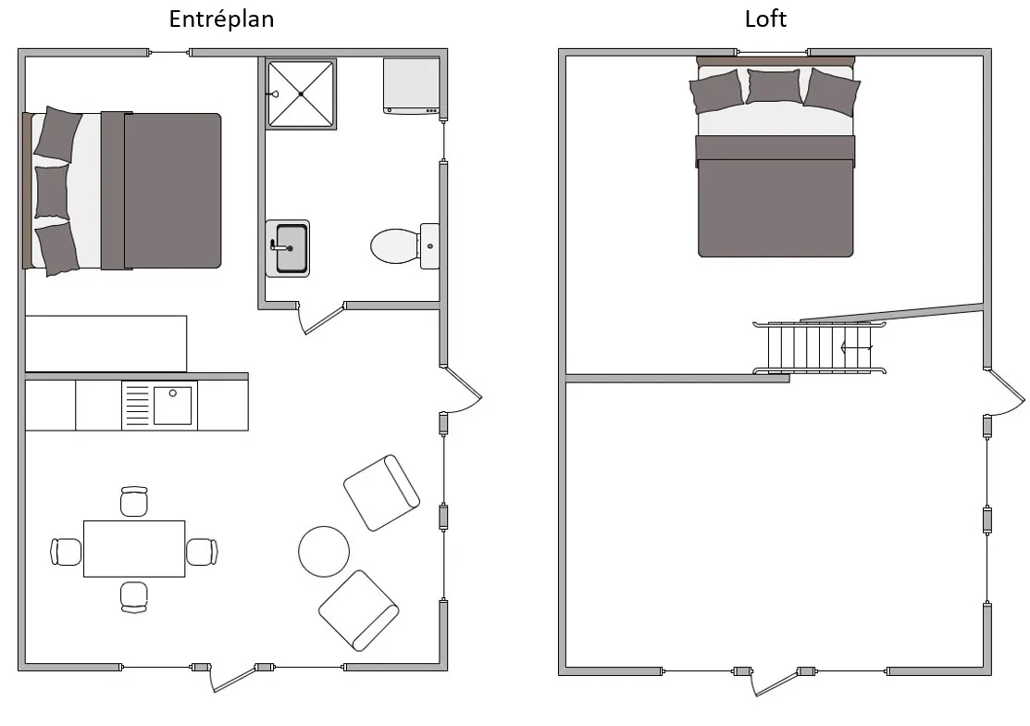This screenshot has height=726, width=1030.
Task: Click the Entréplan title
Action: point(221,19)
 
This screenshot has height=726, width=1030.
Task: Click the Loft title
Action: point(765,19)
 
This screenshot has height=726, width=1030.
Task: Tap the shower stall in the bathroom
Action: point(301,94)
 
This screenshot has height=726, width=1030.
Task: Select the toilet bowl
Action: point(395,246)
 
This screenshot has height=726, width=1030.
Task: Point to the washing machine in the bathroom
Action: point(411,86)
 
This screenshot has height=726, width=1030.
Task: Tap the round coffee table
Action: point(324,551)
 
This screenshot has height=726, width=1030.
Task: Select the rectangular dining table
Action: point(134,548)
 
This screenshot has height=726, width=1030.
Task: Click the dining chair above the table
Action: point(134,501)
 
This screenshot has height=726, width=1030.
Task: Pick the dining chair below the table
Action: point(134,597)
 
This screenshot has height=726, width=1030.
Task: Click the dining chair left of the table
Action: point(67,551)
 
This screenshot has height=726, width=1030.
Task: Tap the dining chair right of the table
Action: point(202,551)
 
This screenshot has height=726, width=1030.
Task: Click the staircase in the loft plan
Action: point(819,347)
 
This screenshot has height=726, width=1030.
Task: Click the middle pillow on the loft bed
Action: point(773,86)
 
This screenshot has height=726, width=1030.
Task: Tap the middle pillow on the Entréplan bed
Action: point(52,192)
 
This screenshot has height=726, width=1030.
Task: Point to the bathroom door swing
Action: point(320,320)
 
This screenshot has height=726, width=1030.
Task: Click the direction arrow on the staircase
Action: point(857,347)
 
